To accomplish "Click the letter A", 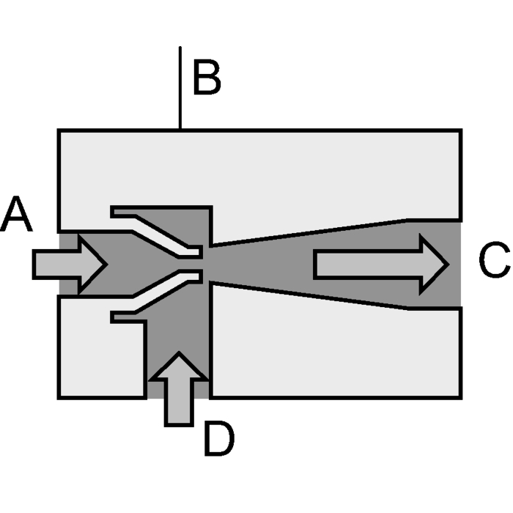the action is (x=16, y=214).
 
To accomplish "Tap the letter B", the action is (x=207, y=77).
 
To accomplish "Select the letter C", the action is (x=495, y=260).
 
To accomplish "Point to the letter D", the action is (x=219, y=438).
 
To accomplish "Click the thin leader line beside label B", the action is (x=180, y=88).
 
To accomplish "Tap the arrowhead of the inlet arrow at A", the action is (x=92, y=264).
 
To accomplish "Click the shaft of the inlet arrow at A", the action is (x=56, y=264).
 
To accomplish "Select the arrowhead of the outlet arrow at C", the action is (x=434, y=265).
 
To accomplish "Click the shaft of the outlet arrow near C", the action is (x=367, y=265).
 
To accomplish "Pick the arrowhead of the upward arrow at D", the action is (x=179, y=366).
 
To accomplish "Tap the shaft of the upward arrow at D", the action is (x=179, y=403).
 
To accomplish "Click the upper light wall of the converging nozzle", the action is (x=157, y=232).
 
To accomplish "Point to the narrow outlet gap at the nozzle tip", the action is (x=200, y=264).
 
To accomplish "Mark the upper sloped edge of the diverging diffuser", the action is (x=309, y=232).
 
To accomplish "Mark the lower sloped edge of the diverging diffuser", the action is (x=309, y=296).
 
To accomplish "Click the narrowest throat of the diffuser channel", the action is (x=211, y=265).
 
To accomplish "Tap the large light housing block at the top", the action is (x=260, y=174).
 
